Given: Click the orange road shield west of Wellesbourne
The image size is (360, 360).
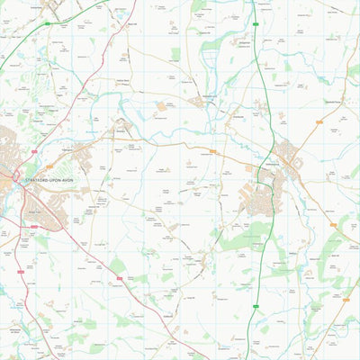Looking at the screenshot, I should tap(213, 152).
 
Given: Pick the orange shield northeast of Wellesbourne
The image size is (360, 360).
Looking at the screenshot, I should tap(319, 120).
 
